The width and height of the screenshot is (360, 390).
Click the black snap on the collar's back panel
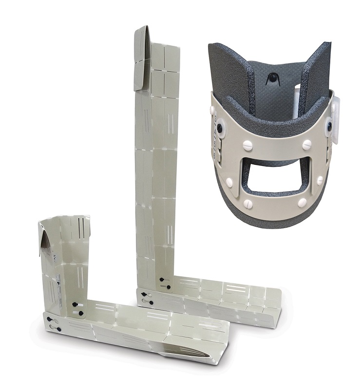click(270, 78)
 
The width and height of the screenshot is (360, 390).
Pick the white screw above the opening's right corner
click(307, 144)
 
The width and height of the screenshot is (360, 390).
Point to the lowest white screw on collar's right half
click(303, 202)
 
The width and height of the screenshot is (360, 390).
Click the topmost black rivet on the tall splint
click(162, 279)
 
